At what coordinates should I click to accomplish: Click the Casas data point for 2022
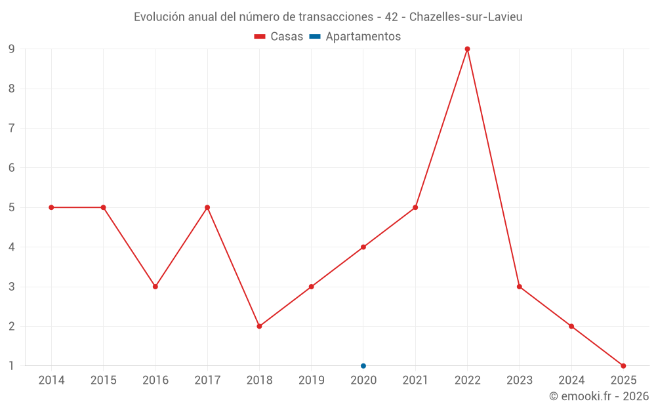[x=467, y=49]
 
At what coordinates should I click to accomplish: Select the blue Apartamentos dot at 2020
[x=363, y=366]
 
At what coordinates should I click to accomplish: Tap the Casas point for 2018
[x=259, y=326]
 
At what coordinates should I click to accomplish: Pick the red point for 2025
[x=623, y=366]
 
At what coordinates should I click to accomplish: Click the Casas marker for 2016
[x=155, y=287]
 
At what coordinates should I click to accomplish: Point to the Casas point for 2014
[x=51, y=207]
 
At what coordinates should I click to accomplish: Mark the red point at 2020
[x=363, y=247]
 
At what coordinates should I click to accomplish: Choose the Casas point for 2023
[x=519, y=287]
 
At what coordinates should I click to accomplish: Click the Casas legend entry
[x=279, y=37]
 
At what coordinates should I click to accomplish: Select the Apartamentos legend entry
[x=355, y=37]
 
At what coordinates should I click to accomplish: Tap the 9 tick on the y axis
[x=12, y=49]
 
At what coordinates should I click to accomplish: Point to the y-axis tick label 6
[x=12, y=168]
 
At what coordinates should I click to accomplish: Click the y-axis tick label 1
[x=12, y=366]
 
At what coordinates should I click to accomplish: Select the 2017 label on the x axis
[x=207, y=380]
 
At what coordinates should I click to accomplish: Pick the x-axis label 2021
[x=415, y=380]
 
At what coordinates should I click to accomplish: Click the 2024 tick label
[x=571, y=380]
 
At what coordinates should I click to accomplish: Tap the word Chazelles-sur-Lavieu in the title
[x=466, y=17]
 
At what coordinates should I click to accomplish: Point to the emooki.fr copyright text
[x=599, y=396]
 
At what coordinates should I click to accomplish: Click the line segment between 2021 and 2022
[x=441, y=128]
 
